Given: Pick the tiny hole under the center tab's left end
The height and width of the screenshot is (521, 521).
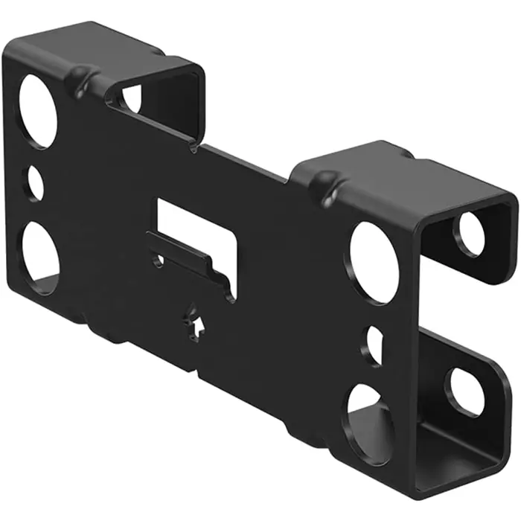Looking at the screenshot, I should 157,261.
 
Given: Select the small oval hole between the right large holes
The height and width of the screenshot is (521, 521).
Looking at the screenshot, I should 374,345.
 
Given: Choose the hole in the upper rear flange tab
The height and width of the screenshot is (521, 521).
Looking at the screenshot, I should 470,234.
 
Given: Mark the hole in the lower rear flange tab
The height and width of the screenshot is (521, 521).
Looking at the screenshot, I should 465,391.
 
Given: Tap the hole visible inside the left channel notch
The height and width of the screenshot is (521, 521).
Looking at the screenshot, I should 132,98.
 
